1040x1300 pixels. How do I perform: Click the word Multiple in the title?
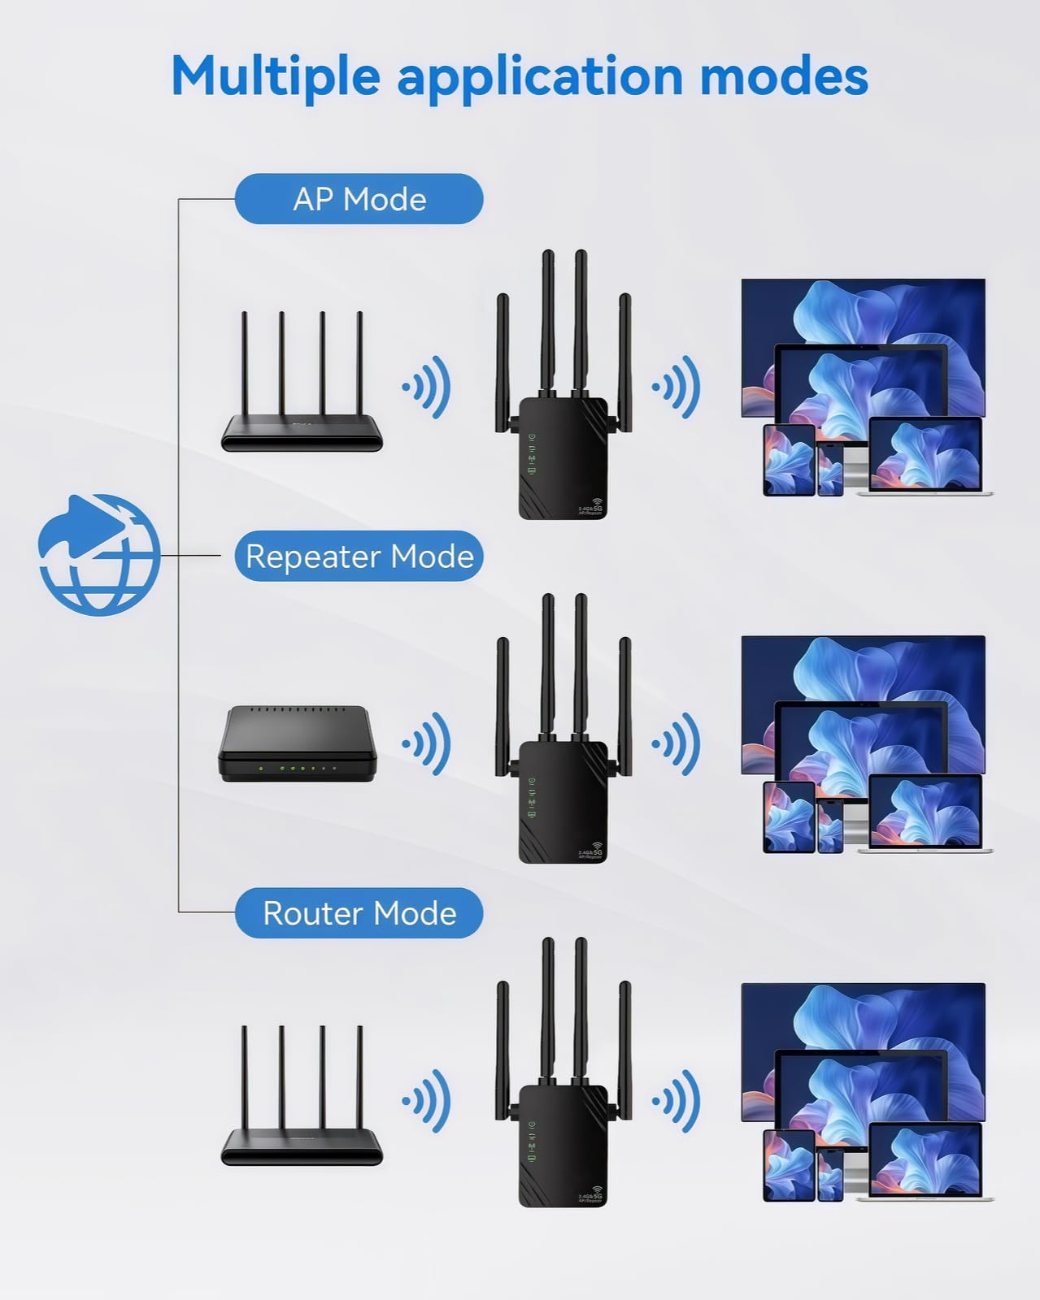[x=275, y=77]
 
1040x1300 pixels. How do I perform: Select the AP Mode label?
[x=359, y=199]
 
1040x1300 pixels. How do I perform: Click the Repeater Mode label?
[x=359, y=557]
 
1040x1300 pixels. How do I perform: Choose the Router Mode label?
[x=359, y=913]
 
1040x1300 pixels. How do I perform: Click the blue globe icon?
[x=99, y=555]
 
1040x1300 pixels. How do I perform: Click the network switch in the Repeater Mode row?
[x=297, y=745]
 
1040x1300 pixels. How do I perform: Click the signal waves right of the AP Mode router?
[x=428, y=387]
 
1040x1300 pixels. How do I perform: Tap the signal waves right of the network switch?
[x=428, y=743]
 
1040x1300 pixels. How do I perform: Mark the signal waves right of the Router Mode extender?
[x=677, y=1101]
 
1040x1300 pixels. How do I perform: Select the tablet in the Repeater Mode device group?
[x=789, y=817]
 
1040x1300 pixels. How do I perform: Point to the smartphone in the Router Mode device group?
[x=830, y=1176]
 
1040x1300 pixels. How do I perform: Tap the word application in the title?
[x=540, y=77]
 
